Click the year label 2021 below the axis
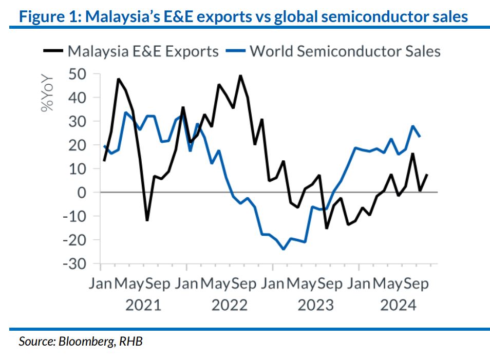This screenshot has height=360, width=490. [143, 305]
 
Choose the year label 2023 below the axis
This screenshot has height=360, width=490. [315, 305]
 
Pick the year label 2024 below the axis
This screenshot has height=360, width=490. [398, 305]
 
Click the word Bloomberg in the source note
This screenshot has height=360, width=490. [87, 341]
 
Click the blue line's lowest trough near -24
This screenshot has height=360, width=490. [283, 249]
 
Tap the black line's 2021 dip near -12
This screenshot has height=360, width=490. [147, 220]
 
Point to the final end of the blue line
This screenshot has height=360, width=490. [420, 136]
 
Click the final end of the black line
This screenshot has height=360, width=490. [427, 175]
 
